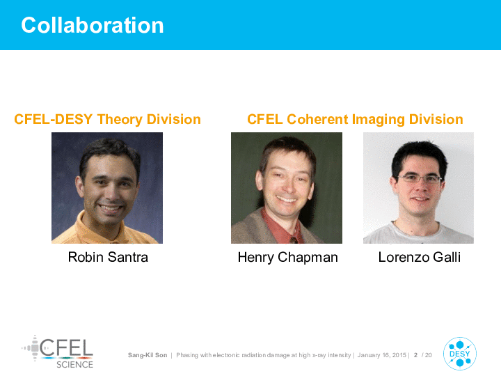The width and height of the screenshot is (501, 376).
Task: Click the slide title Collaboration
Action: pos(93,25)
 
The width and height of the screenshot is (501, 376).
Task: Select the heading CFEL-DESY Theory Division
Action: pos(107,120)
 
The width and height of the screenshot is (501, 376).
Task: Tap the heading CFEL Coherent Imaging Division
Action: pos(355,120)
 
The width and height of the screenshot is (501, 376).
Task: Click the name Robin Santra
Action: pos(108,257)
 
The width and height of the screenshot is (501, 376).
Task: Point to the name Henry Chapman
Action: pos(287,258)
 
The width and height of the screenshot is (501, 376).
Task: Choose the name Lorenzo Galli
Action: pos(419,257)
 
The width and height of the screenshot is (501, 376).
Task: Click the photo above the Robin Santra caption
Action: pos(107,188)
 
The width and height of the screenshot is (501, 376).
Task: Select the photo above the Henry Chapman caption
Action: pos(287,188)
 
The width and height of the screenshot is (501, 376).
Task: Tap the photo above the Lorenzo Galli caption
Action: pos(419,188)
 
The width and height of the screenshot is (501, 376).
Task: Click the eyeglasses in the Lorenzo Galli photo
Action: pos(419,178)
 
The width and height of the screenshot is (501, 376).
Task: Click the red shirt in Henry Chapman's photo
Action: pos(280,228)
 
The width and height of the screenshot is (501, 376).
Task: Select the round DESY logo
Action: pos(460,354)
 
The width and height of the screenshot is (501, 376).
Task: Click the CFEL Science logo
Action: pos(58,352)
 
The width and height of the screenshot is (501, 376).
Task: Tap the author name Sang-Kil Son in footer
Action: pos(148,355)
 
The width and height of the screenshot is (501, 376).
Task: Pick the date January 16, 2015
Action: pos(382,355)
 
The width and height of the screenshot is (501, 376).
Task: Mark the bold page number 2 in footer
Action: pos(415,355)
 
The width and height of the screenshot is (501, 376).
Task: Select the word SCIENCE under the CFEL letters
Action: pos(74,364)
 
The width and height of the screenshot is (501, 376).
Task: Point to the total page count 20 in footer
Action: pos(429,355)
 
